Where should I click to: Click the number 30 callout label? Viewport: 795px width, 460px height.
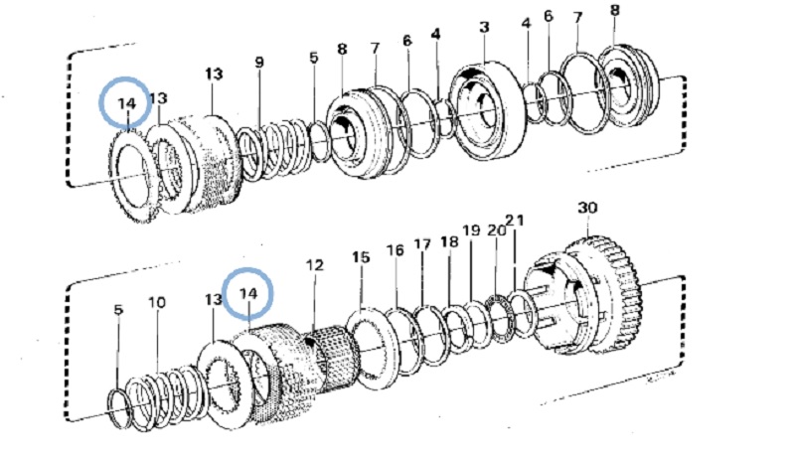[587, 208]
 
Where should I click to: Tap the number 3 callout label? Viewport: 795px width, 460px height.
[484, 27]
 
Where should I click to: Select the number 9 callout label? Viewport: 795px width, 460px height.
[259, 63]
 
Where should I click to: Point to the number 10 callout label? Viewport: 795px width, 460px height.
[157, 303]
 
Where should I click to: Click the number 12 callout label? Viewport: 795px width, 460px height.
[314, 265]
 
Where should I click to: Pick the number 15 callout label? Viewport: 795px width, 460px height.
[361, 257]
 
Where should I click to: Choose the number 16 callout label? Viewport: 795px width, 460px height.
[396, 250]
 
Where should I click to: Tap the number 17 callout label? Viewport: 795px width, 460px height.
[422, 244]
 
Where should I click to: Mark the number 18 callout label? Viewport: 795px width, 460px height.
[449, 241]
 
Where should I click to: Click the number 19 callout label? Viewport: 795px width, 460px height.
[471, 230]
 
